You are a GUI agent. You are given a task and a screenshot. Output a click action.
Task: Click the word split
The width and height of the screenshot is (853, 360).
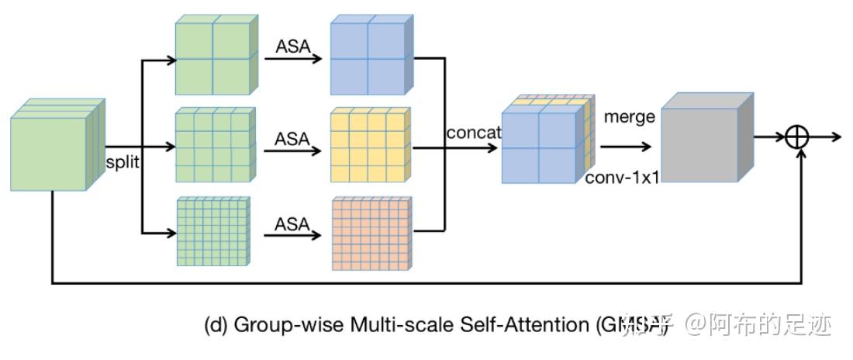click(122, 164)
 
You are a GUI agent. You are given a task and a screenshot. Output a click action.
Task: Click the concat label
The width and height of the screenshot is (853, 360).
click(473, 133)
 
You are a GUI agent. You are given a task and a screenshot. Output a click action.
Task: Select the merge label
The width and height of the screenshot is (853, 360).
click(629, 117)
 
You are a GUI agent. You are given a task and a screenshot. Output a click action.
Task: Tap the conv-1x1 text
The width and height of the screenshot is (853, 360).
click(622, 178)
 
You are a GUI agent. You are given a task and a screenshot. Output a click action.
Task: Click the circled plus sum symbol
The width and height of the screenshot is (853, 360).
click(796, 137)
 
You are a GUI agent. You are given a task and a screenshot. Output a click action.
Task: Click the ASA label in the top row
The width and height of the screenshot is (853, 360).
click(292, 47)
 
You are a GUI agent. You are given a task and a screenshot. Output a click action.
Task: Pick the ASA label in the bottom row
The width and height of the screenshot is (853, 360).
click(292, 224)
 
